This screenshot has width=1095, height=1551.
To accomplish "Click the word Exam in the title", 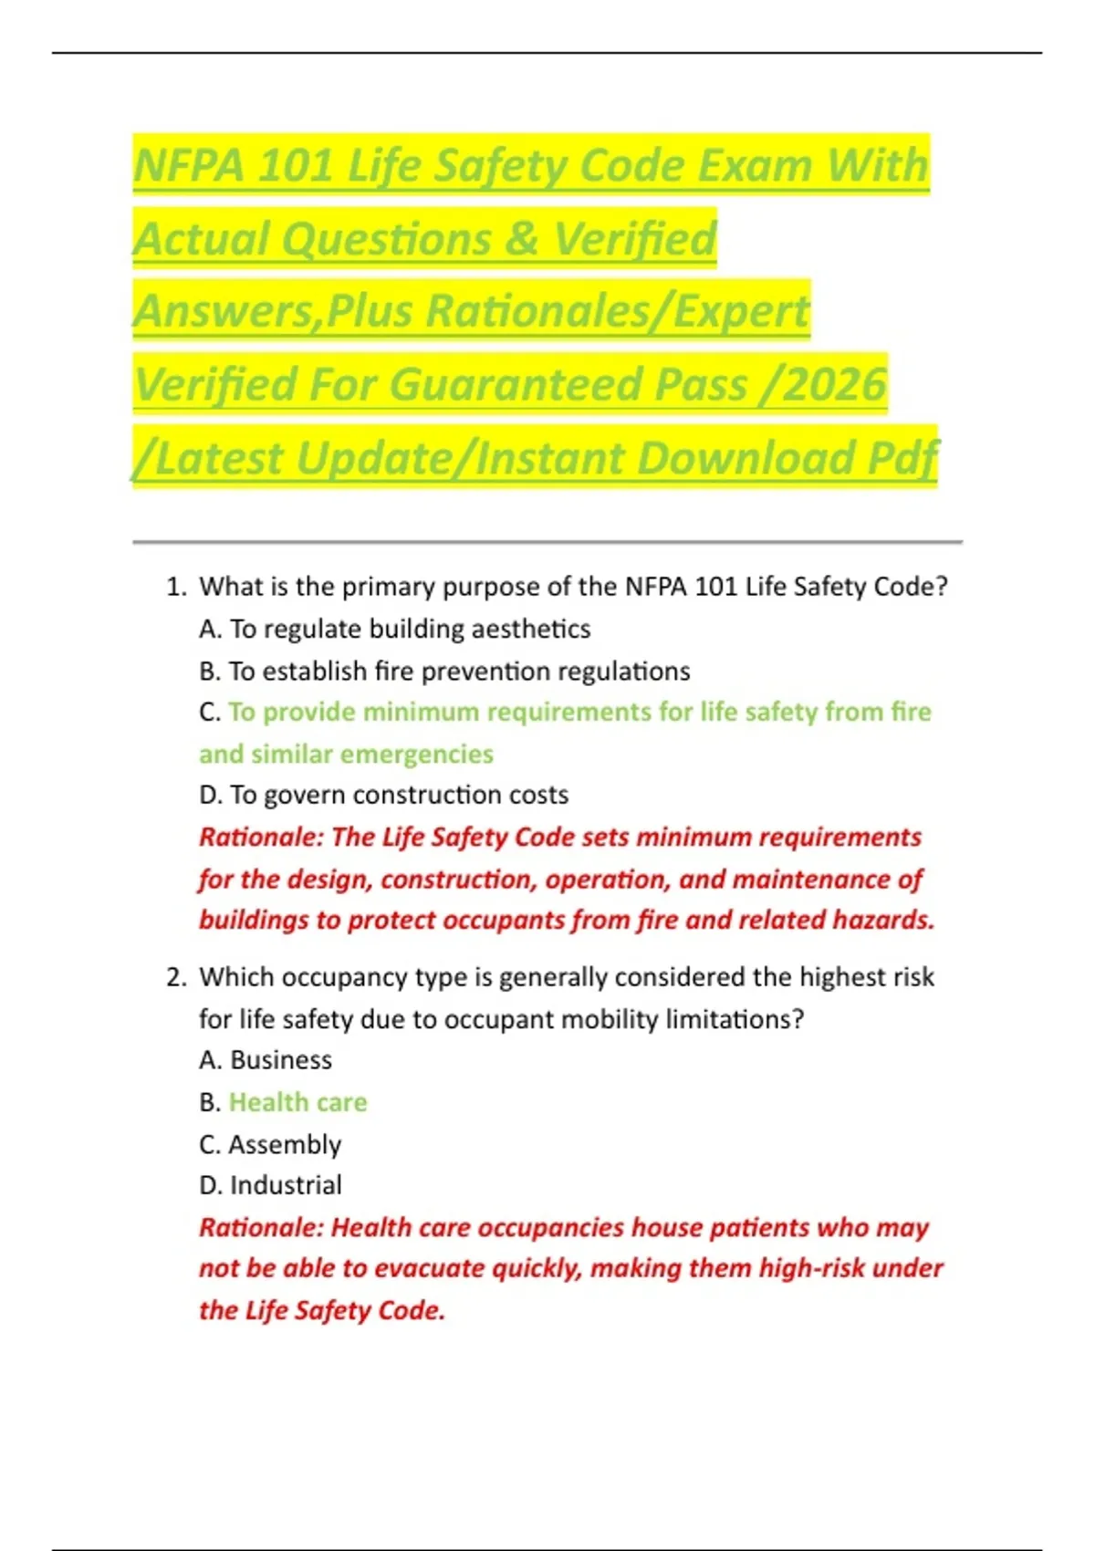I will tap(755, 166).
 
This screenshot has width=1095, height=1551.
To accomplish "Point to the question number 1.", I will tap(175, 587).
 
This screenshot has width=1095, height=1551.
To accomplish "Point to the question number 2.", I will tap(175, 977).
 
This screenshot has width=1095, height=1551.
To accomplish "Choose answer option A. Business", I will tap(266, 1060).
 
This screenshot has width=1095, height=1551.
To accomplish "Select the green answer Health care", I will tap(297, 1102).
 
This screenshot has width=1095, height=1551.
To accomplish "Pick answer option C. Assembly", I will tap(270, 1144).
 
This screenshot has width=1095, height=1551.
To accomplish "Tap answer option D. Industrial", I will tap(270, 1185).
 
